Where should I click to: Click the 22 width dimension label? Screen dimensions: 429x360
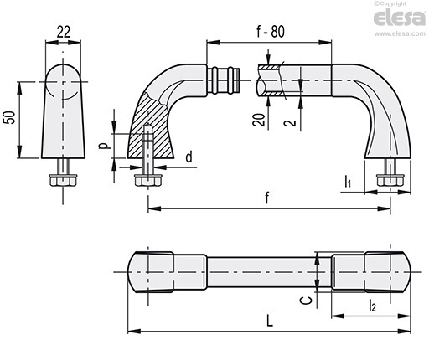point(64,32)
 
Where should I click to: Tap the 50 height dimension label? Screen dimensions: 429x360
point(9,117)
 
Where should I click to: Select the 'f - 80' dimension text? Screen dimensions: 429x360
point(271,32)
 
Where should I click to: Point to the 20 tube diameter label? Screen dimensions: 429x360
point(259,120)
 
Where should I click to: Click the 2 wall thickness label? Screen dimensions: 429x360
point(290,122)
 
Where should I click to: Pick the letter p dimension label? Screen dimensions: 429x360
point(104,146)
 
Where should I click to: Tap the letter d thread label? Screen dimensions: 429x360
point(189,157)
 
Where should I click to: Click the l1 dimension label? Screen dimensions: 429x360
point(348,182)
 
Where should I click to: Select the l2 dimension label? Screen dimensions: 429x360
point(373,305)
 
